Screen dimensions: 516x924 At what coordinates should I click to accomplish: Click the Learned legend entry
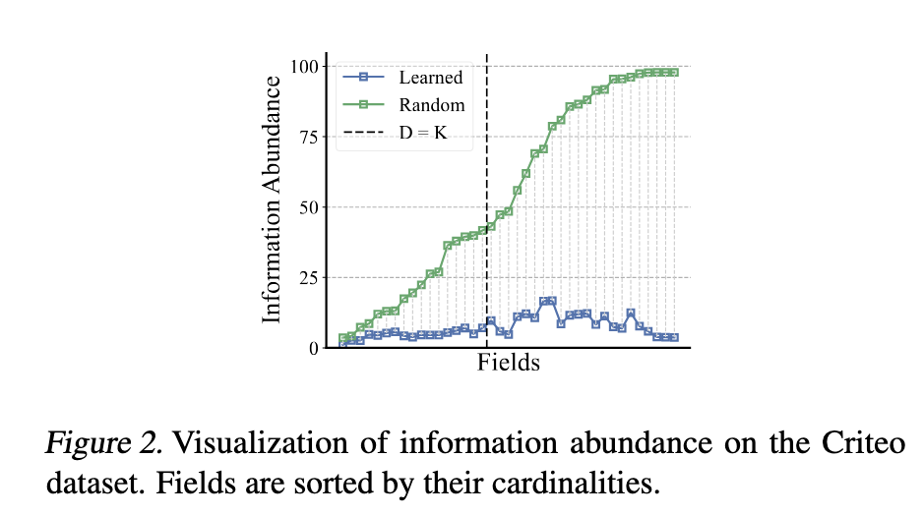(430, 77)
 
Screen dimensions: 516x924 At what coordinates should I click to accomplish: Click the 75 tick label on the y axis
(308, 137)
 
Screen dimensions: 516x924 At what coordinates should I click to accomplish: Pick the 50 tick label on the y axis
(308, 207)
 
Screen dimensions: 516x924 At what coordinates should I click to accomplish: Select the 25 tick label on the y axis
(308, 278)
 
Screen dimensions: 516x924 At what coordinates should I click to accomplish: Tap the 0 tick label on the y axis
(313, 348)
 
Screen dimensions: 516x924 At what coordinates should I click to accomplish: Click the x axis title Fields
(509, 363)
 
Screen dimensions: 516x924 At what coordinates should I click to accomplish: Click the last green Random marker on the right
(674, 72)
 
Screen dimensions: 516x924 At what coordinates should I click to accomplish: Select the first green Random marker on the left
(343, 338)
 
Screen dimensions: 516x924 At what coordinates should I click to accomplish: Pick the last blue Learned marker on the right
(674, 337)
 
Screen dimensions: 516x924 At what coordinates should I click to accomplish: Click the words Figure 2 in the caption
(102, 443)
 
